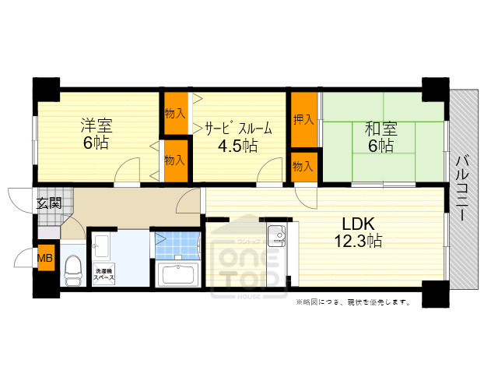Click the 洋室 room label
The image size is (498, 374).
[97, 125]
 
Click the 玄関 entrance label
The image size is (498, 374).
[47, 203]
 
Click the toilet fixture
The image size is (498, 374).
[73, 270]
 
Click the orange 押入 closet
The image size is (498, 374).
[303, 120]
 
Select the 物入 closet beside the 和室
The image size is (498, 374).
[303, 165]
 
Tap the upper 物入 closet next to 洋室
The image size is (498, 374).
[174, 113]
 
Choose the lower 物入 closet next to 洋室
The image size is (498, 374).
[174, 159]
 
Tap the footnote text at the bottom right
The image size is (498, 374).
[352, 302]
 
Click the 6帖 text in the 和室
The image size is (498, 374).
[381, 146]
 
